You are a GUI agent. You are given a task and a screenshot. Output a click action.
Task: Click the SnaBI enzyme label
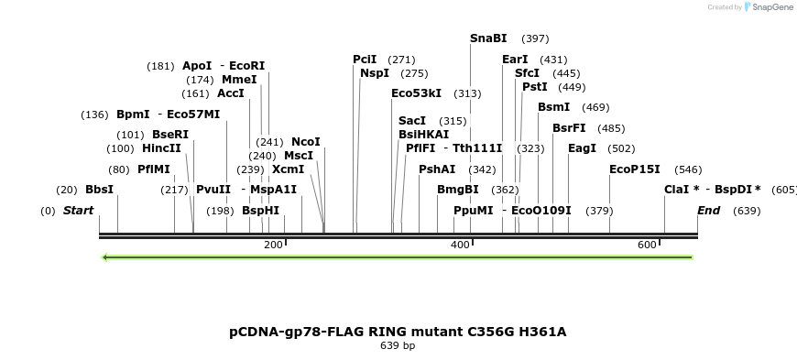point(488,38)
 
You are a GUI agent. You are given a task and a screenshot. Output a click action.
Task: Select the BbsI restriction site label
point(99,190)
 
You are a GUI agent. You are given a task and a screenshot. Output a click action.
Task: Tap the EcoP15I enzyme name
point(634,169)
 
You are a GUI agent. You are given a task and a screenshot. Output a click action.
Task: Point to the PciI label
point(365,60)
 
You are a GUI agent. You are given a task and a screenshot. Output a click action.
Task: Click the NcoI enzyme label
point(305,142)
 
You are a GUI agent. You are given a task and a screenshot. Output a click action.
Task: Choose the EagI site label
point(582,148)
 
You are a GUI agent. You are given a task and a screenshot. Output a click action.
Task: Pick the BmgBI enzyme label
point(457,190)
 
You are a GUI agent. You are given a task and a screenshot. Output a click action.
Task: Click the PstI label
point(534,87)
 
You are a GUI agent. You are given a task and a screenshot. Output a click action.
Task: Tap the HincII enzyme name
point(161,148)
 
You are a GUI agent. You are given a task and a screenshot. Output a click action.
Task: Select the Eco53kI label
point(416,93)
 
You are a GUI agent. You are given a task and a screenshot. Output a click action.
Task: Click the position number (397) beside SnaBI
point(535,39)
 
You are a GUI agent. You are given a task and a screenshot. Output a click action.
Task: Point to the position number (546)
point(688,169)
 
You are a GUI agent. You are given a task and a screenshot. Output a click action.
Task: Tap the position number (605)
point(784,190)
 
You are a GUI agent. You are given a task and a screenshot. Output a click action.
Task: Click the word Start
point(78,211)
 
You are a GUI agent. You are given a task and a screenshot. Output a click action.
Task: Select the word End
point(708,211)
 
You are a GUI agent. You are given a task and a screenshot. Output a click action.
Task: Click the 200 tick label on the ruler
point(273,245)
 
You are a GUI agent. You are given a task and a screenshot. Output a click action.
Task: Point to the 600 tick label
point(647,245)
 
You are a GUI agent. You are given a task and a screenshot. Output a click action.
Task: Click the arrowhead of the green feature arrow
point(105,257)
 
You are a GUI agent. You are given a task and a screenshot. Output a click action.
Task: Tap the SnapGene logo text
point(770,7)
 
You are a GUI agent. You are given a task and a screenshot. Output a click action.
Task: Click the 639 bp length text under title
point(398,346)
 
